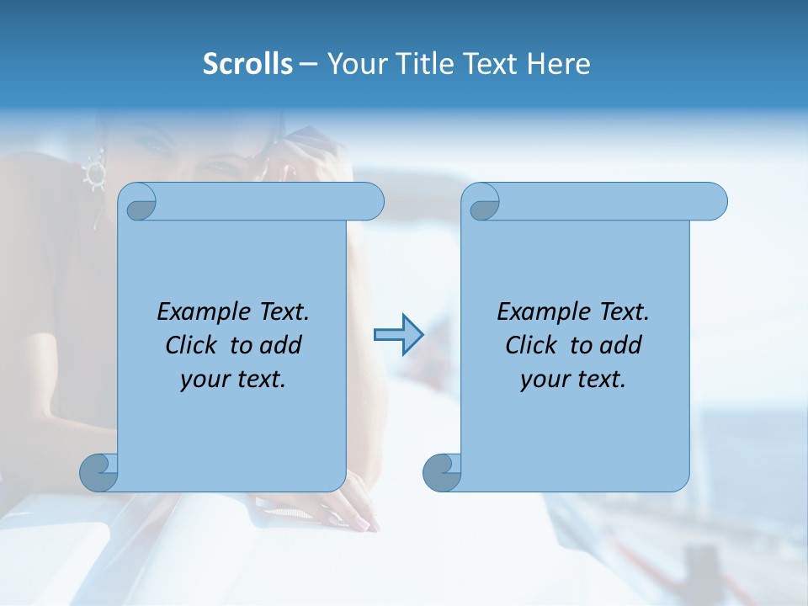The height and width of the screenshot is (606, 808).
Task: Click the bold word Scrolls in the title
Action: tap(248, 64)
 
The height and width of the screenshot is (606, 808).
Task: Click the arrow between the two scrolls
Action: tap(398, 335)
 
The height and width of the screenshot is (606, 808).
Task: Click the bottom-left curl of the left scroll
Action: tap(99, 472)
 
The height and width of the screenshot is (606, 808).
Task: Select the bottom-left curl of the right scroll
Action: tap(442, 472)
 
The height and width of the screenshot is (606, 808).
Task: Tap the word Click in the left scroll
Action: tap(184, 345)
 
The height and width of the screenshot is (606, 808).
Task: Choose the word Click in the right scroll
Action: tap(524, 345)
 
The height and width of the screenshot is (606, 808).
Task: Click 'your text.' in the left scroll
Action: tap(233, 379)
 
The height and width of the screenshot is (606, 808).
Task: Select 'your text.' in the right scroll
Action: tap(573, 379)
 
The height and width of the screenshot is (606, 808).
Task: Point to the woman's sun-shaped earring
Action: tap(93, 173)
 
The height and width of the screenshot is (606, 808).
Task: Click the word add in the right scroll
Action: tap(621, 345)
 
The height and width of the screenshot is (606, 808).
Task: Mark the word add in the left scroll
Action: tap(281, 345)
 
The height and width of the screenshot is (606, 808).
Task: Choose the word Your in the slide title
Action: tap(353, 64)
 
